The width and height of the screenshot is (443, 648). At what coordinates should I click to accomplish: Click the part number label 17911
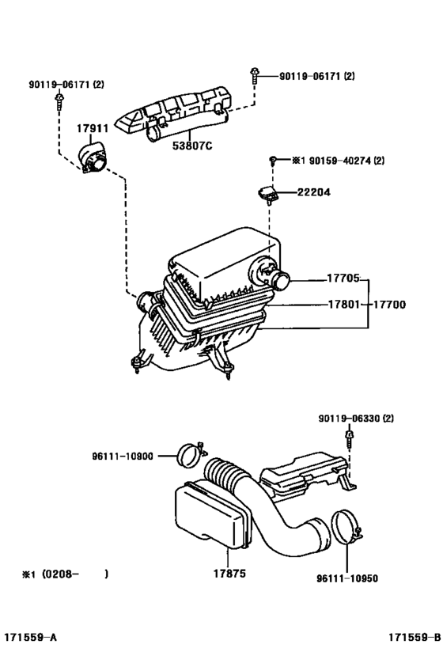pos(93,127)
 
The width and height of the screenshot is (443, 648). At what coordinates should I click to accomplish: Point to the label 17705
pos(343,279)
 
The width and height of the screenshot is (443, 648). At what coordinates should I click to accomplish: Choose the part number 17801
pos(343,304)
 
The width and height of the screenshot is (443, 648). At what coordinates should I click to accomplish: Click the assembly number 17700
pos(391,304)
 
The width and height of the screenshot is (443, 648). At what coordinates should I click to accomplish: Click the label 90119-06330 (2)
pos(356,418)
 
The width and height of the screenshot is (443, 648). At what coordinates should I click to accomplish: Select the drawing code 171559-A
pos(28,637)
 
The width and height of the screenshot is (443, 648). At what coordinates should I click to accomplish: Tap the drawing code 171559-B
pos(414,637)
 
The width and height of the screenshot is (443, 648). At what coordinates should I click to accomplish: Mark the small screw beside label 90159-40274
pos(271,161)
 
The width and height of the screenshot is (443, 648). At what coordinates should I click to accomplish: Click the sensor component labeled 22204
pos(267,191)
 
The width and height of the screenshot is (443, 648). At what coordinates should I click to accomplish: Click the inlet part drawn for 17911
pos(94,157)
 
